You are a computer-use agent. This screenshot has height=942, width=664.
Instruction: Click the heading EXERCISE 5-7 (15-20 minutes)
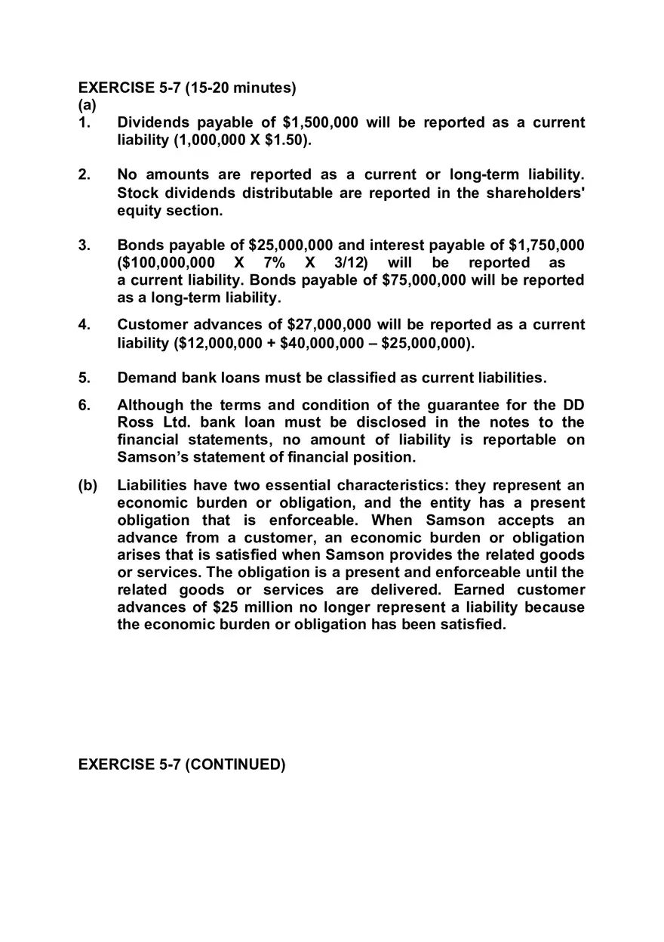point(187,88)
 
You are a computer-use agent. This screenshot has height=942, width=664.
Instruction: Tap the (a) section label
point(88,105)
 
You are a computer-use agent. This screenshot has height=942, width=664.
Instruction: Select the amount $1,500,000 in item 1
point(320,122)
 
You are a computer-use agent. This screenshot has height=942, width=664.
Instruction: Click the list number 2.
point(84,175)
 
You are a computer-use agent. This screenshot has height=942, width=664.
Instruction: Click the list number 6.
point(84,405)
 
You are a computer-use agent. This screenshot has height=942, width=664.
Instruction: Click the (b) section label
point(88,485)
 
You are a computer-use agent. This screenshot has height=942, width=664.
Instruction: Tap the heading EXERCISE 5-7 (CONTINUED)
point(182,764)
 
